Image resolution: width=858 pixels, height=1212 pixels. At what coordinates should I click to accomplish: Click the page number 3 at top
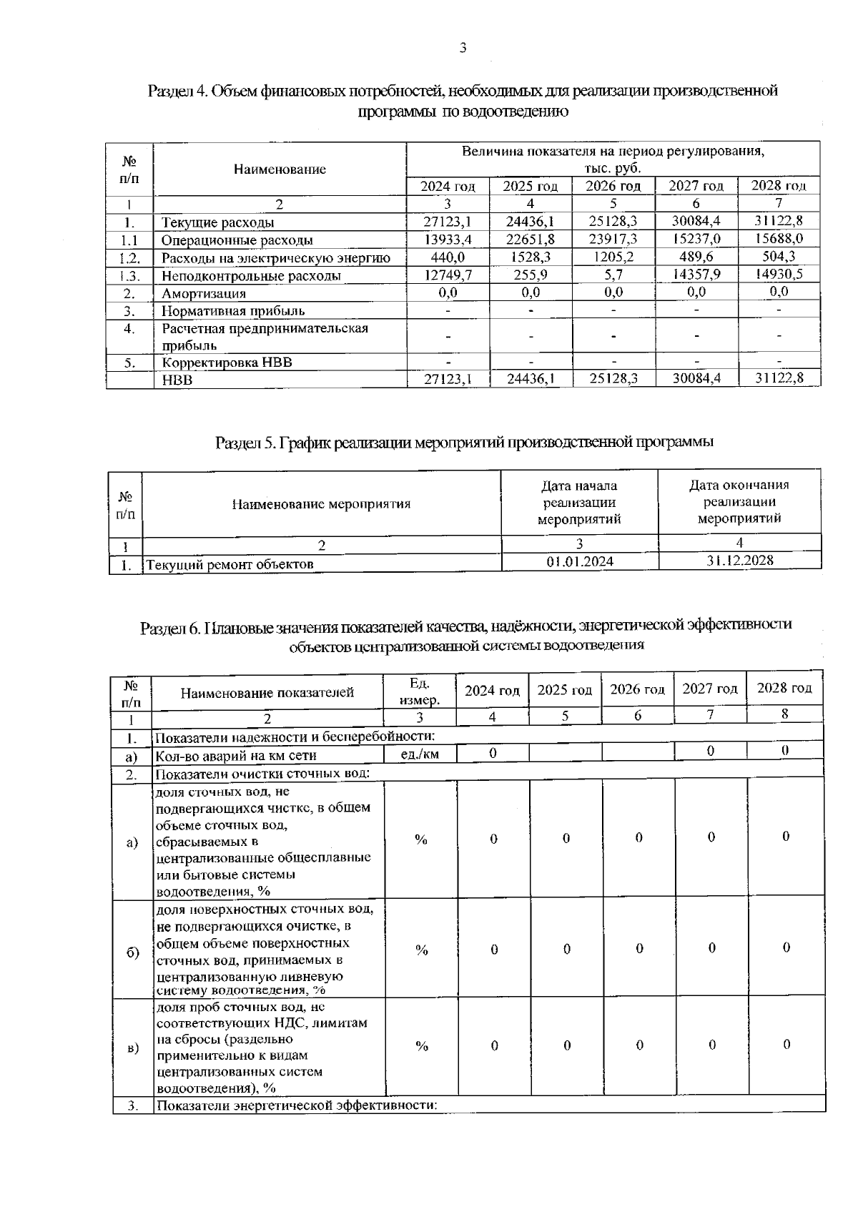point(463,49)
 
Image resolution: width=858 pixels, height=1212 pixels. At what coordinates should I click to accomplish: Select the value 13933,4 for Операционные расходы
point(447,240)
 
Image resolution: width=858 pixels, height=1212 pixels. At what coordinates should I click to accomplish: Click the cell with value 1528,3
point(530,257)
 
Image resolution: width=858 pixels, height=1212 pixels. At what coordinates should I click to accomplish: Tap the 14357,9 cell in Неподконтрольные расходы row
point(696,275)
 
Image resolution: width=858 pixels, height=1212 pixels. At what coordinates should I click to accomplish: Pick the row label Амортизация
point(204,293)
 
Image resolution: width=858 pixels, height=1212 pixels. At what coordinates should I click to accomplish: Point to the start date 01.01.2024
point(580,562)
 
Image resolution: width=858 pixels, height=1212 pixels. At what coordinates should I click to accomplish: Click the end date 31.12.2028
point(739,561)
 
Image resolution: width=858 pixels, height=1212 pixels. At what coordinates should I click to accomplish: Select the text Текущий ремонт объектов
point(230,565)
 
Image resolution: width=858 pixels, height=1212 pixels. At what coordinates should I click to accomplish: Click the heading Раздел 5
point(465,443)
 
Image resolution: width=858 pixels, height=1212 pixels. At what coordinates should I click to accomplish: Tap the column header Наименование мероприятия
point(321,504)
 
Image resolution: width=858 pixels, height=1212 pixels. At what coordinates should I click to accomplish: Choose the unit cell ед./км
point(420,754)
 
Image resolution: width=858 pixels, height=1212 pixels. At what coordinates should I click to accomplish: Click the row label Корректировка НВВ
point(227,363)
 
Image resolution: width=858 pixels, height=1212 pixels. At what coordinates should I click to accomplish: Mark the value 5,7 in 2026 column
point(613,275)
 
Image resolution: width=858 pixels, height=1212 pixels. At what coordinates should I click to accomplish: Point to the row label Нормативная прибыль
point(233,310)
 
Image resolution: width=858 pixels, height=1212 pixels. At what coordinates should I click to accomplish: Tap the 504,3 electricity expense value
point(779,257)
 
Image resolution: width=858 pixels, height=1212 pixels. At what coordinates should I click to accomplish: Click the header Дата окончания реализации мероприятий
point(739,501)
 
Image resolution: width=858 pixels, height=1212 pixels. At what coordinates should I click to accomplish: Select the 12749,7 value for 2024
point(447,275)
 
